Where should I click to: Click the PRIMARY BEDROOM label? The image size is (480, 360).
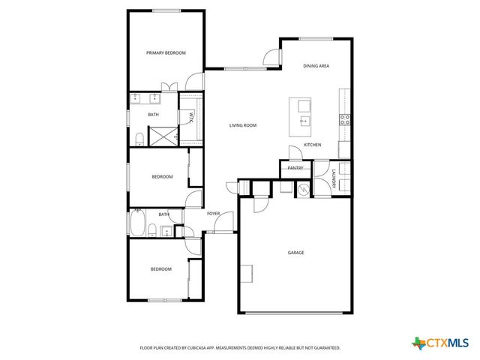(166, 52)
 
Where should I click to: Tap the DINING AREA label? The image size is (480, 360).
(316, 66)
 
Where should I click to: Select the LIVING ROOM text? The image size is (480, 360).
(243, 125)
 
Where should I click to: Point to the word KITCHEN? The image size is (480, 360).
(313, 145)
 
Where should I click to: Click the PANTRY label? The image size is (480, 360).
(295, 168)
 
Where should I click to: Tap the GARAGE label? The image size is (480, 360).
(295, 253)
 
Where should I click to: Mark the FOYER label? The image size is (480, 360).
(214, 214)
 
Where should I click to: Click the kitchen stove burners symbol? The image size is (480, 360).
(346, 118)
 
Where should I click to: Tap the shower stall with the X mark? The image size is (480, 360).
(162, 135)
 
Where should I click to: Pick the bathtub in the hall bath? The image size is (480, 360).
(138, 223)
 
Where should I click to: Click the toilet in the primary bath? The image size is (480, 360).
(139, 138)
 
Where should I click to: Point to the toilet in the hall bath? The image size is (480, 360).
(152, 230)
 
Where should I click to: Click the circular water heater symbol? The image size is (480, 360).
(303, 190)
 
